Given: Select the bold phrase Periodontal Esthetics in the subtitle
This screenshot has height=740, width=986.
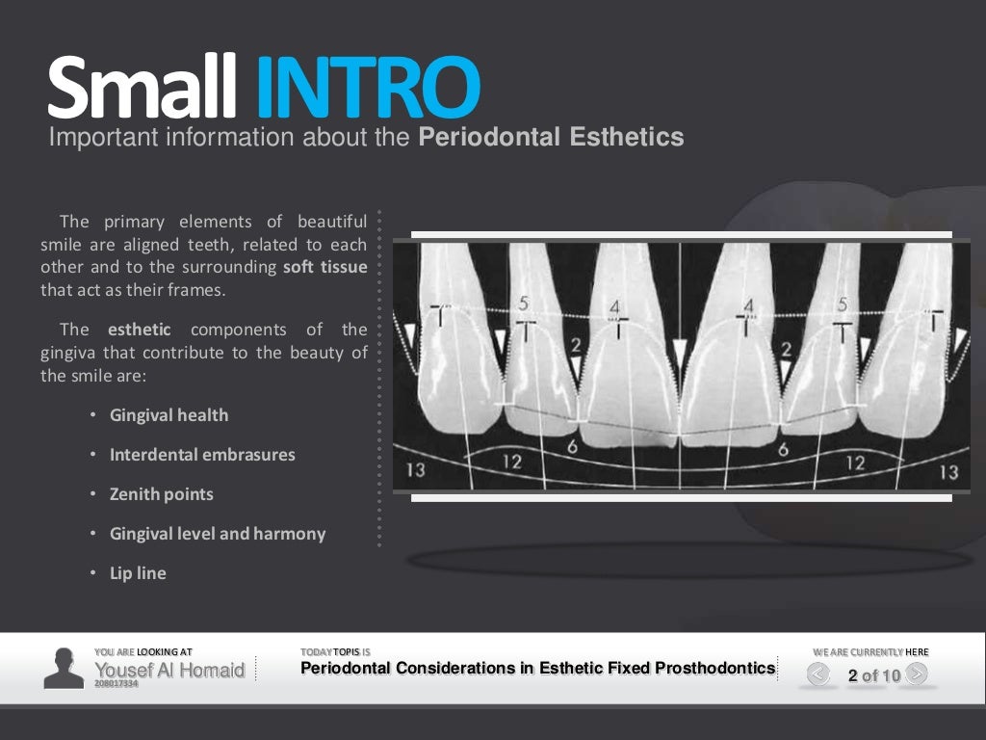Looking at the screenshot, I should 551,138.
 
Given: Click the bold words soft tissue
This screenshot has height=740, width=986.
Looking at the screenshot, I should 324,267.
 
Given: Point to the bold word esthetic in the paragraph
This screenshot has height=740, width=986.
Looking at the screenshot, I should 139,330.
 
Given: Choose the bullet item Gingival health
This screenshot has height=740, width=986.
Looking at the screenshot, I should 169,415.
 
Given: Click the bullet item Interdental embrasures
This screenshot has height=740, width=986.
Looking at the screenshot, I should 202,455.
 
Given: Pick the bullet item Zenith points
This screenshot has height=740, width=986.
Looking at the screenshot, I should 161,494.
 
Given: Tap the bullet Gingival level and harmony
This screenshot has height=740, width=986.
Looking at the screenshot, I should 218,534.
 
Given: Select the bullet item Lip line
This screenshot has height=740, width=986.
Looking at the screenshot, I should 138,573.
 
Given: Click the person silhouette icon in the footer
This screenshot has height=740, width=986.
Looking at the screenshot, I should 64,668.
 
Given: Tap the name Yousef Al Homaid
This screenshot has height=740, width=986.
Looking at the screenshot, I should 169,670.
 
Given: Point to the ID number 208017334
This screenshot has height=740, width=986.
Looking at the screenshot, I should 116,683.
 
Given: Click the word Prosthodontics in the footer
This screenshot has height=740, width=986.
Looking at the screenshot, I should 714,668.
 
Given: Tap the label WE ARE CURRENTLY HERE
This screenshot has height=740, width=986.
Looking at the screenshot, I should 870,652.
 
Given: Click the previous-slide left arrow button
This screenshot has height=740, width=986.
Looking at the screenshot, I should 818,674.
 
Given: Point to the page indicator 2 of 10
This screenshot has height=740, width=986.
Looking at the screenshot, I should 873,675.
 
